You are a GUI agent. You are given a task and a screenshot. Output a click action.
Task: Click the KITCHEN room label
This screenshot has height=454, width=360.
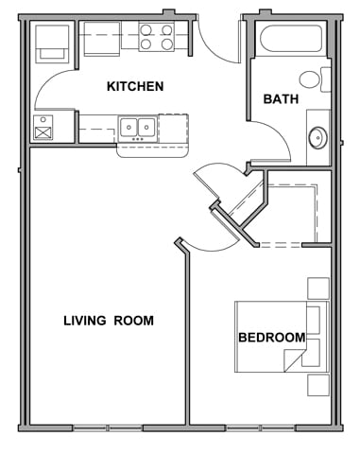pyautogui.click(x=135, y=86)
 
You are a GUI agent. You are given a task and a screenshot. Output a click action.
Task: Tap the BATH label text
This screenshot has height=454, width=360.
pyautogui.click(x=281, y=99)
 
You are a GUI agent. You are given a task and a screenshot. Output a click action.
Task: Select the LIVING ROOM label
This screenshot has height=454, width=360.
pyautogui.click(x=109, y=321)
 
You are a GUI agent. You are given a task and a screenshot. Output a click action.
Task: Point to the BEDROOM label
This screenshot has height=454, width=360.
pyautogui.click(x=272, y=338)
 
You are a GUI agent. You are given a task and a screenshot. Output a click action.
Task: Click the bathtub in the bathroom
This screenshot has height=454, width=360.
pyautogui.click(x=291, y=39)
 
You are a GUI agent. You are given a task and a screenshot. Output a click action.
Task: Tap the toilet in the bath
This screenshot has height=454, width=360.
pyautogui.click(x=315, y=79)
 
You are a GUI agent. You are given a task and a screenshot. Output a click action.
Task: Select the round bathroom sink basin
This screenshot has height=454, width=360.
pyautogui.click(x=317, y=138)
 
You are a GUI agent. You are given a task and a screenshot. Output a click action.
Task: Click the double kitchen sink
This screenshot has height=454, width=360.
pyautogui.click(x=138, y=129)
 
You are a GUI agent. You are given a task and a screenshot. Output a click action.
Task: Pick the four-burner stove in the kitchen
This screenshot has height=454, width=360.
pyautogui.click(x=156, y=37)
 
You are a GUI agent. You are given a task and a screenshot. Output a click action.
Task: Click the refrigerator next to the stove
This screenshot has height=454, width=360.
pyautogui.click(x=102, y=39)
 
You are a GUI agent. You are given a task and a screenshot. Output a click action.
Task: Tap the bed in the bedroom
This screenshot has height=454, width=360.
pyautogui.click(x=282, y=337)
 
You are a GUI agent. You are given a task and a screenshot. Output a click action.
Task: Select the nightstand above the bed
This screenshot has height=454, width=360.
pyautogui.click(x=318, y=288)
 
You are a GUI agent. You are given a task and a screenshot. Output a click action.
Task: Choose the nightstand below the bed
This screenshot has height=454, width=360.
pyautogui.click(x=318, y=385)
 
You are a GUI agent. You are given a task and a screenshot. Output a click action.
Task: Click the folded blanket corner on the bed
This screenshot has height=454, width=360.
pyautogui.click(x=294, y=360)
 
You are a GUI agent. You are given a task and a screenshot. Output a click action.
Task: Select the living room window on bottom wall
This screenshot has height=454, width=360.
pyautogui.click(x=108, y=428)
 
